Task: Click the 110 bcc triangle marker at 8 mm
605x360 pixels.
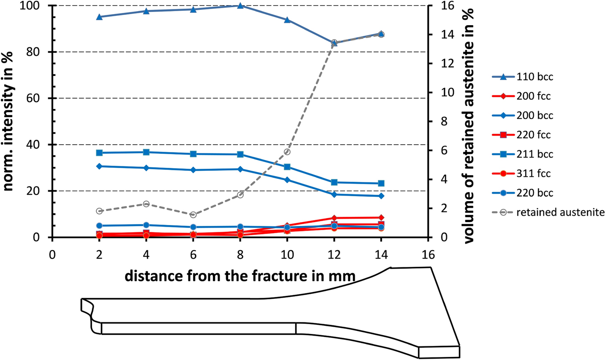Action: [x=240, y=6]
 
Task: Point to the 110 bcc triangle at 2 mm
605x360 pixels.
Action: [x=99, y=17]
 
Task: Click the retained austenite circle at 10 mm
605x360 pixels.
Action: [x=287, y=152]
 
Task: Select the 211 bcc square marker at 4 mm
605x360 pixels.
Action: [x=146, y=152]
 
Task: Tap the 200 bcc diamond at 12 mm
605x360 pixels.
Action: [x=334, y=194]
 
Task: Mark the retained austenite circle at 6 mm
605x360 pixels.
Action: [x=193, y=214]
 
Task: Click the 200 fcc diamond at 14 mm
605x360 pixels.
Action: [x=381, y=217]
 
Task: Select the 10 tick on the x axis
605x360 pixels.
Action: [x=287, y=255]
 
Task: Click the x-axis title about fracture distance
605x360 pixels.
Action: [x=240, y=276]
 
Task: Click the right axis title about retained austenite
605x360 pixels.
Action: [x=470, y=122]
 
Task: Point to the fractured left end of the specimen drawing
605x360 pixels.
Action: [x=88, y=314]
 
